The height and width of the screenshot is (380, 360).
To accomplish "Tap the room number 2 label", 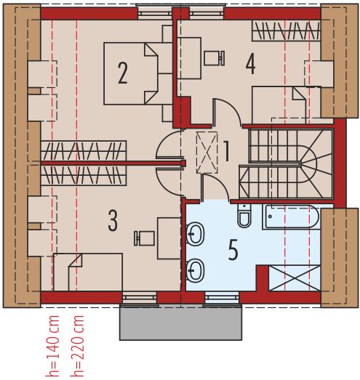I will point(122,72).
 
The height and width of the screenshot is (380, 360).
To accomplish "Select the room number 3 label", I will point(112,220).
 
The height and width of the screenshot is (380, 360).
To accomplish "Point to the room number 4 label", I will point(250,64).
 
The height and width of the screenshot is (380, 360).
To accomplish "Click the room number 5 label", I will point(233,250).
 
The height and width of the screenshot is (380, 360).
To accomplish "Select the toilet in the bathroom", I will point(244,216).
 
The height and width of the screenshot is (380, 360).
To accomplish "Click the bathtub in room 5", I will point(291,217).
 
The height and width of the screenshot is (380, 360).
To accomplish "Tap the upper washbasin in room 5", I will point(196,234).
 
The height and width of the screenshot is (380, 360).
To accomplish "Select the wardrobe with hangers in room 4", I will point(286,31).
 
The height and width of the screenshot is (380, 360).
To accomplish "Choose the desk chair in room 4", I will point(214,57).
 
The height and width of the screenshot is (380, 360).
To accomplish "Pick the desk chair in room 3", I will point(145,238).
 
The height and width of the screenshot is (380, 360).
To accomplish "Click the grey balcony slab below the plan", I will point(181,322).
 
